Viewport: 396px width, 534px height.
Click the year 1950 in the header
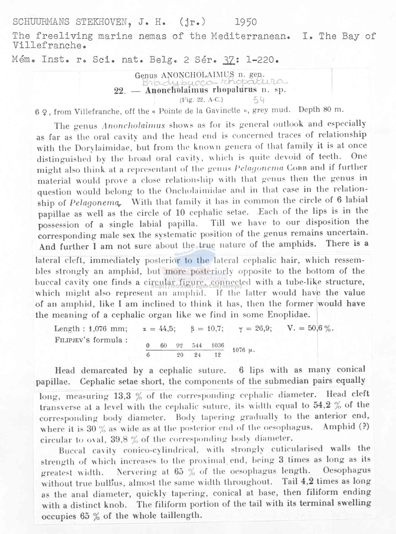click(245, 22)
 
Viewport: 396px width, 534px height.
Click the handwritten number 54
click(259, 100)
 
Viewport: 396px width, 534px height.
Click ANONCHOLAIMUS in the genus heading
click(198, 75)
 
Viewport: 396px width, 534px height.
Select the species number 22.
click(120, 91)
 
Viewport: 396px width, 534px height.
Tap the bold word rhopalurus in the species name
click(235, 90)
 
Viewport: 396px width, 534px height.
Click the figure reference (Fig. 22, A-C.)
click(201, 99)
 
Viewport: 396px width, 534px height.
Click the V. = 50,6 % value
click(310, 328)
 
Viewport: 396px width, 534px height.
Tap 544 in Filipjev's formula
click(197, 345)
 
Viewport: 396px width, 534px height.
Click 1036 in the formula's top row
click(218, 345)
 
